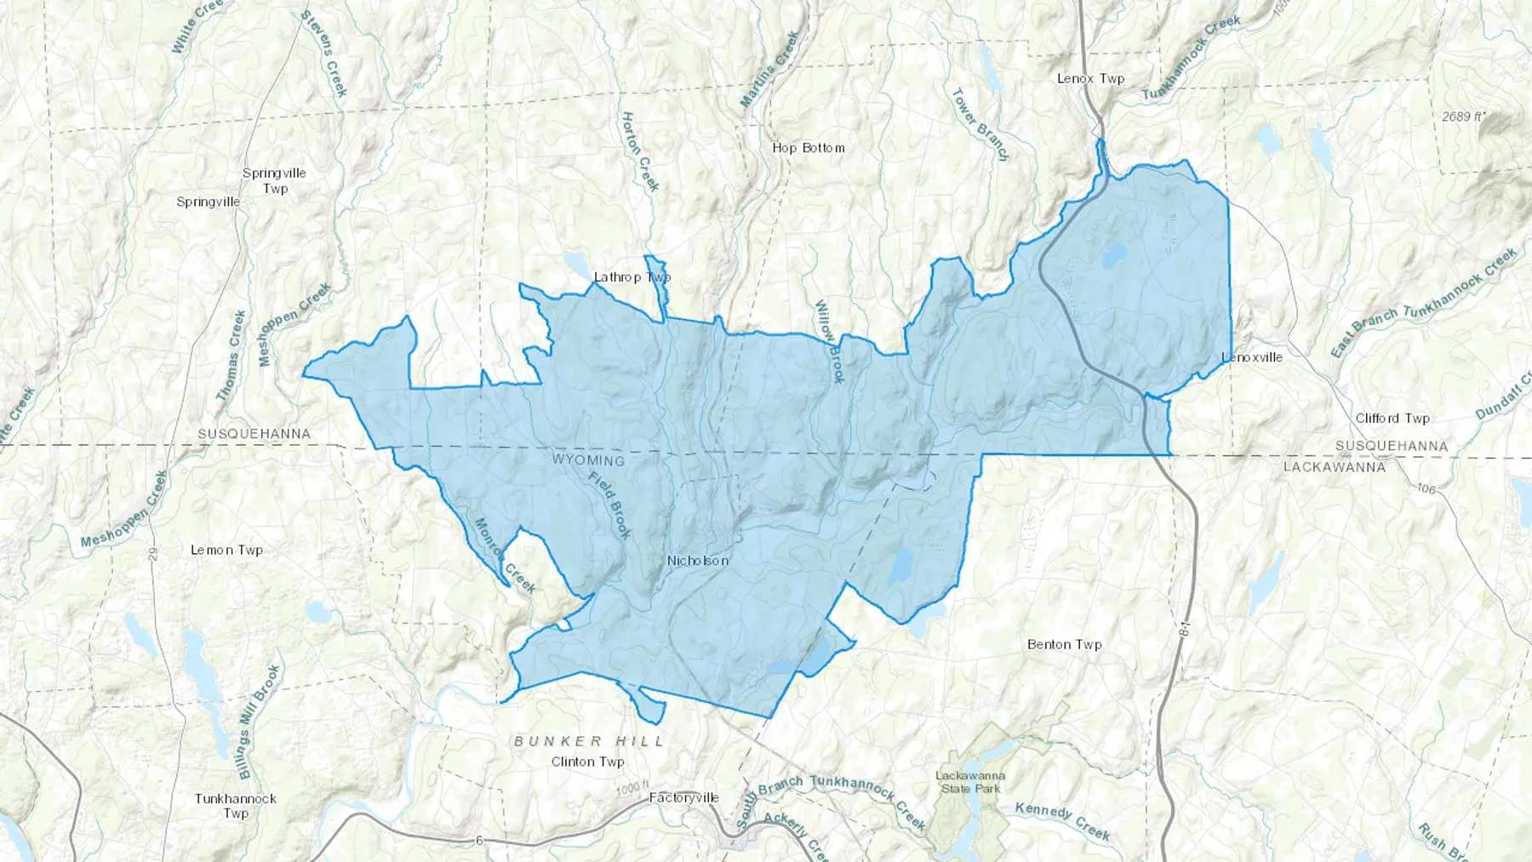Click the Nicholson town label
(x=698, y=561)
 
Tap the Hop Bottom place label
(x=809, y=148)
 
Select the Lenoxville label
(x=1252, y=357)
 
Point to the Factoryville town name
(x=683, y=798)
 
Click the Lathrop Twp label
(x=632, y=277)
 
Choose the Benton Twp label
(x=1065, y=644)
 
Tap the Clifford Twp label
(x=1392, y=419)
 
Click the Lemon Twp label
(x=226, y=550)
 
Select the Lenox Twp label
(x=1091, y=78)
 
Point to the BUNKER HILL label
(x=589, y=741)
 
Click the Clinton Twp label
(x=588, y=762)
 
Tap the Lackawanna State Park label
(x=970, y=782)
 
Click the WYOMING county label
(x=588, y=460)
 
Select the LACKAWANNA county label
(x=1335, y=467)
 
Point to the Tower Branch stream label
(x=980, y=124)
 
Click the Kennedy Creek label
(x=1063, y=822)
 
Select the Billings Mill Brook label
(x=259, y=722)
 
